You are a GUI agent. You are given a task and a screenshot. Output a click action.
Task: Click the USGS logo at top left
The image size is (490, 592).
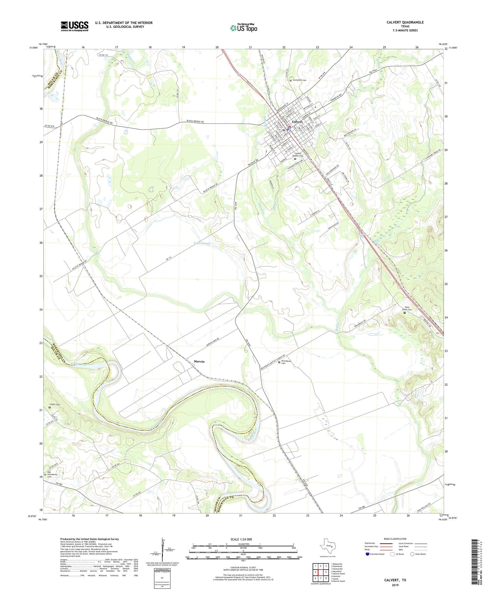pyautogui.click(x=75, y=26)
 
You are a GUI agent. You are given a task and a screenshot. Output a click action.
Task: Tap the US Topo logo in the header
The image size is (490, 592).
pyautogui.click(x=243, y=28)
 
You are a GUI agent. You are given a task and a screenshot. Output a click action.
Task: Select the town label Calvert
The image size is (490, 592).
pyautogui.click(x=297, y=122)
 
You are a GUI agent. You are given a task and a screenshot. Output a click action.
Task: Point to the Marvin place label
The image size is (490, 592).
pyautogui.click(x=199, y=362)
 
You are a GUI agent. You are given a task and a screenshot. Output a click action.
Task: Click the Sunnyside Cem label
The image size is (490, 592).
pyautogui.click(x=300, y=80)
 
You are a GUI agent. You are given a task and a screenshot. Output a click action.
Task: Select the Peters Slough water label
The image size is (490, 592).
pyautogui.click(x=202, y=243)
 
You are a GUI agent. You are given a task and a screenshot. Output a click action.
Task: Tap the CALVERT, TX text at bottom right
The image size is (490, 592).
pyautogui.click(x=395, y=580)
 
